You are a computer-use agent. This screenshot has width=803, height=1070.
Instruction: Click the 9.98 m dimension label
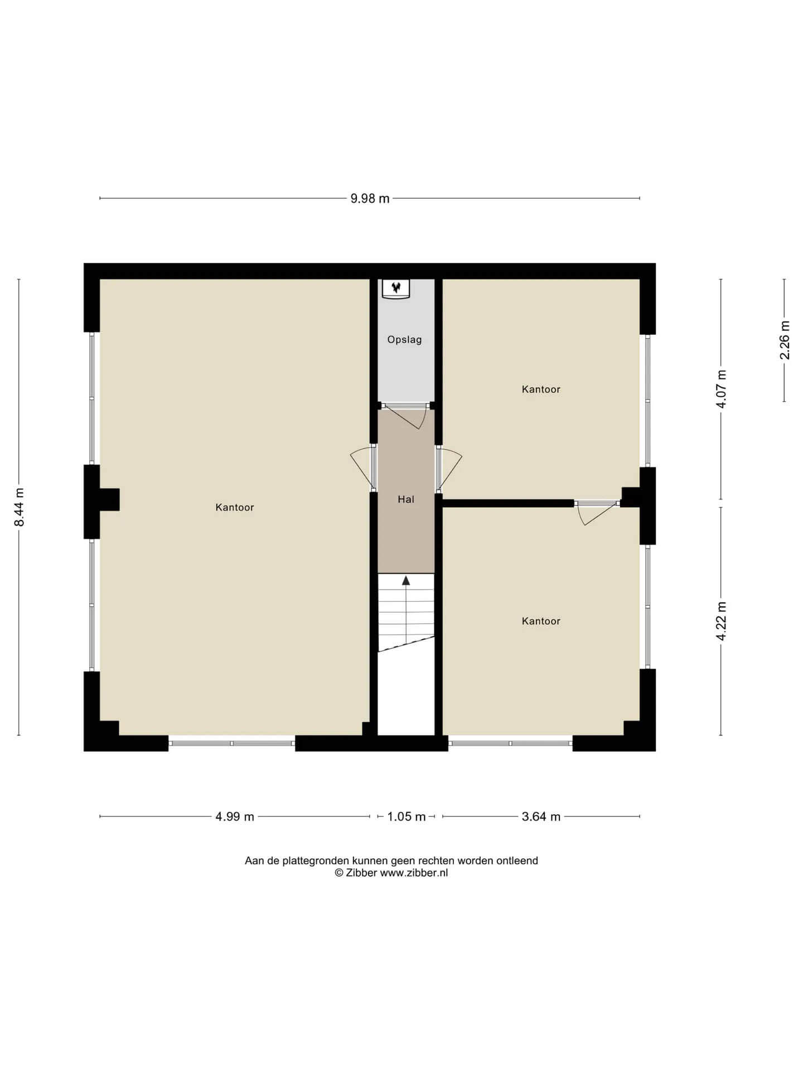pyautogui.click(x=370, y=199)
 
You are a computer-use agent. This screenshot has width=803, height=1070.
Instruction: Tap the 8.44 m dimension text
pyautogui.click(x=20, y=507)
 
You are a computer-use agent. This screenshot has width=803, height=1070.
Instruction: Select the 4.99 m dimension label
pyautogui.click(x=235, y=817)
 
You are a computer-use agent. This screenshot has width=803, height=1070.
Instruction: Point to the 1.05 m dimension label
pyautogui.click(x=407, y=817)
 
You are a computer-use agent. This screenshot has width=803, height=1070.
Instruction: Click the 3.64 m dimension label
pyautogui.click(x=541, y=817)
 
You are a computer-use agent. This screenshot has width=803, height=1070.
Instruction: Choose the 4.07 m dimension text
pyautogui.click(x=722, y=389)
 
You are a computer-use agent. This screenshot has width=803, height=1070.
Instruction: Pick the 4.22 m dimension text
pyautogui.click(x=722, y=621)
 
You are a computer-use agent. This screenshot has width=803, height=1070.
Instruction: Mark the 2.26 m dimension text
pyautogui.click(x=785, y=340)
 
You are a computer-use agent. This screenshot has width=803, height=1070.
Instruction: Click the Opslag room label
pyautogui.click(x=405, y=340)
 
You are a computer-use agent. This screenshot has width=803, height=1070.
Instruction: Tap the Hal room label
pyautogui.click(x=406, y=500)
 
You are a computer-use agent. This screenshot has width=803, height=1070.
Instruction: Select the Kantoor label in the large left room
pyautogui.click(x=235, y=508)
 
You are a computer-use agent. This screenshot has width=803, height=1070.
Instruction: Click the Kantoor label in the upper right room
pyautogui.click(x=541, y=390)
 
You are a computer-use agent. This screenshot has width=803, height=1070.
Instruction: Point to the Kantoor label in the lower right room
pyautogui.click(x=541, y=621)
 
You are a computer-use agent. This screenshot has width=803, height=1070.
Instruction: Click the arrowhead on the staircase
pyautogui.click(x=406, y=580)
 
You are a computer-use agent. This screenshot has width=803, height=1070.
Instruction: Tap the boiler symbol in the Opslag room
pyautogui.click(x=396, y=288)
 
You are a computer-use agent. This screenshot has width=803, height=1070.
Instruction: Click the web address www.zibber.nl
pyautogui.click(x=414, y=873)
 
